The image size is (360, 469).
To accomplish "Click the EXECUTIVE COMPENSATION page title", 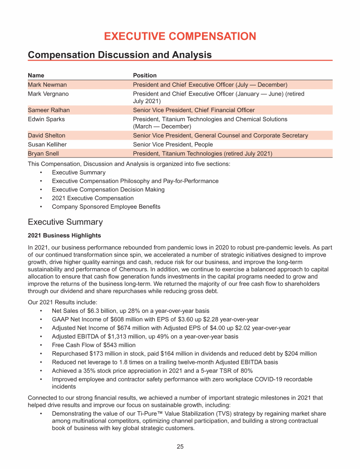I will [x=180, y=36].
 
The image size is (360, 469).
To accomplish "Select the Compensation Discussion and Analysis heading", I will [x=120, y=55].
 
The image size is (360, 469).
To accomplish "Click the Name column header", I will [x=36, y=75].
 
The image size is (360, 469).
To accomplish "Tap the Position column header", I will [x=145, y=75].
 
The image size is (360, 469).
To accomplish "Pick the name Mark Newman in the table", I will [x=47, y=85].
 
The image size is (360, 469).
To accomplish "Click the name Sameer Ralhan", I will [x=49, y=110].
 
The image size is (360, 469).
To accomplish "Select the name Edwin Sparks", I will [x=46, y=119].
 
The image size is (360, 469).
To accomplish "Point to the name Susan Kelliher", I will [x=48, y=144].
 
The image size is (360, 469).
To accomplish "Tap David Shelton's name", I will [x=46, y=136].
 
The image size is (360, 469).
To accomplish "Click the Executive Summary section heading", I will [x=65, y=222].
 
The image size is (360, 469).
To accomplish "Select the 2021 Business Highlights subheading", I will [x=64, y=235].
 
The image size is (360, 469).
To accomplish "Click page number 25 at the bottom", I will [x=180, y=446].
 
